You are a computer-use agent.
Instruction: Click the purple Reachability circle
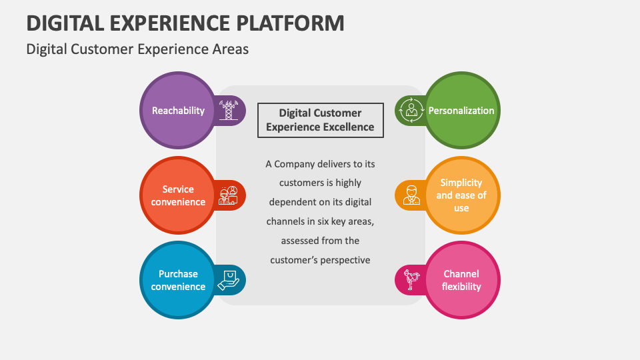178,111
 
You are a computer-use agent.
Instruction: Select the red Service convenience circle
178,195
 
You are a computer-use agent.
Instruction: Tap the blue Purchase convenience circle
178,280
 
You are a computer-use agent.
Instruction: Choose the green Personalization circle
461,111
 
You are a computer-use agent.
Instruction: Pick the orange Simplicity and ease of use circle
461,195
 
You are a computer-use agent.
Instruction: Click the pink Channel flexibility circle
461,280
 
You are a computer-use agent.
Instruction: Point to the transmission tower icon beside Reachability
229,110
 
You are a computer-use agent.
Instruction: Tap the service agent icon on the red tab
228,195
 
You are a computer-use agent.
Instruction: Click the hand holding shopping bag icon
228,280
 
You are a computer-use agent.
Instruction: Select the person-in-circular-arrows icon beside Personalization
411,111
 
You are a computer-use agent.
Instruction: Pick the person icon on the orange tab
411,195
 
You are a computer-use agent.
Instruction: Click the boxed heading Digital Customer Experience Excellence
320,120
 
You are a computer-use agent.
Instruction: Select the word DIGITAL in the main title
64,23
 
